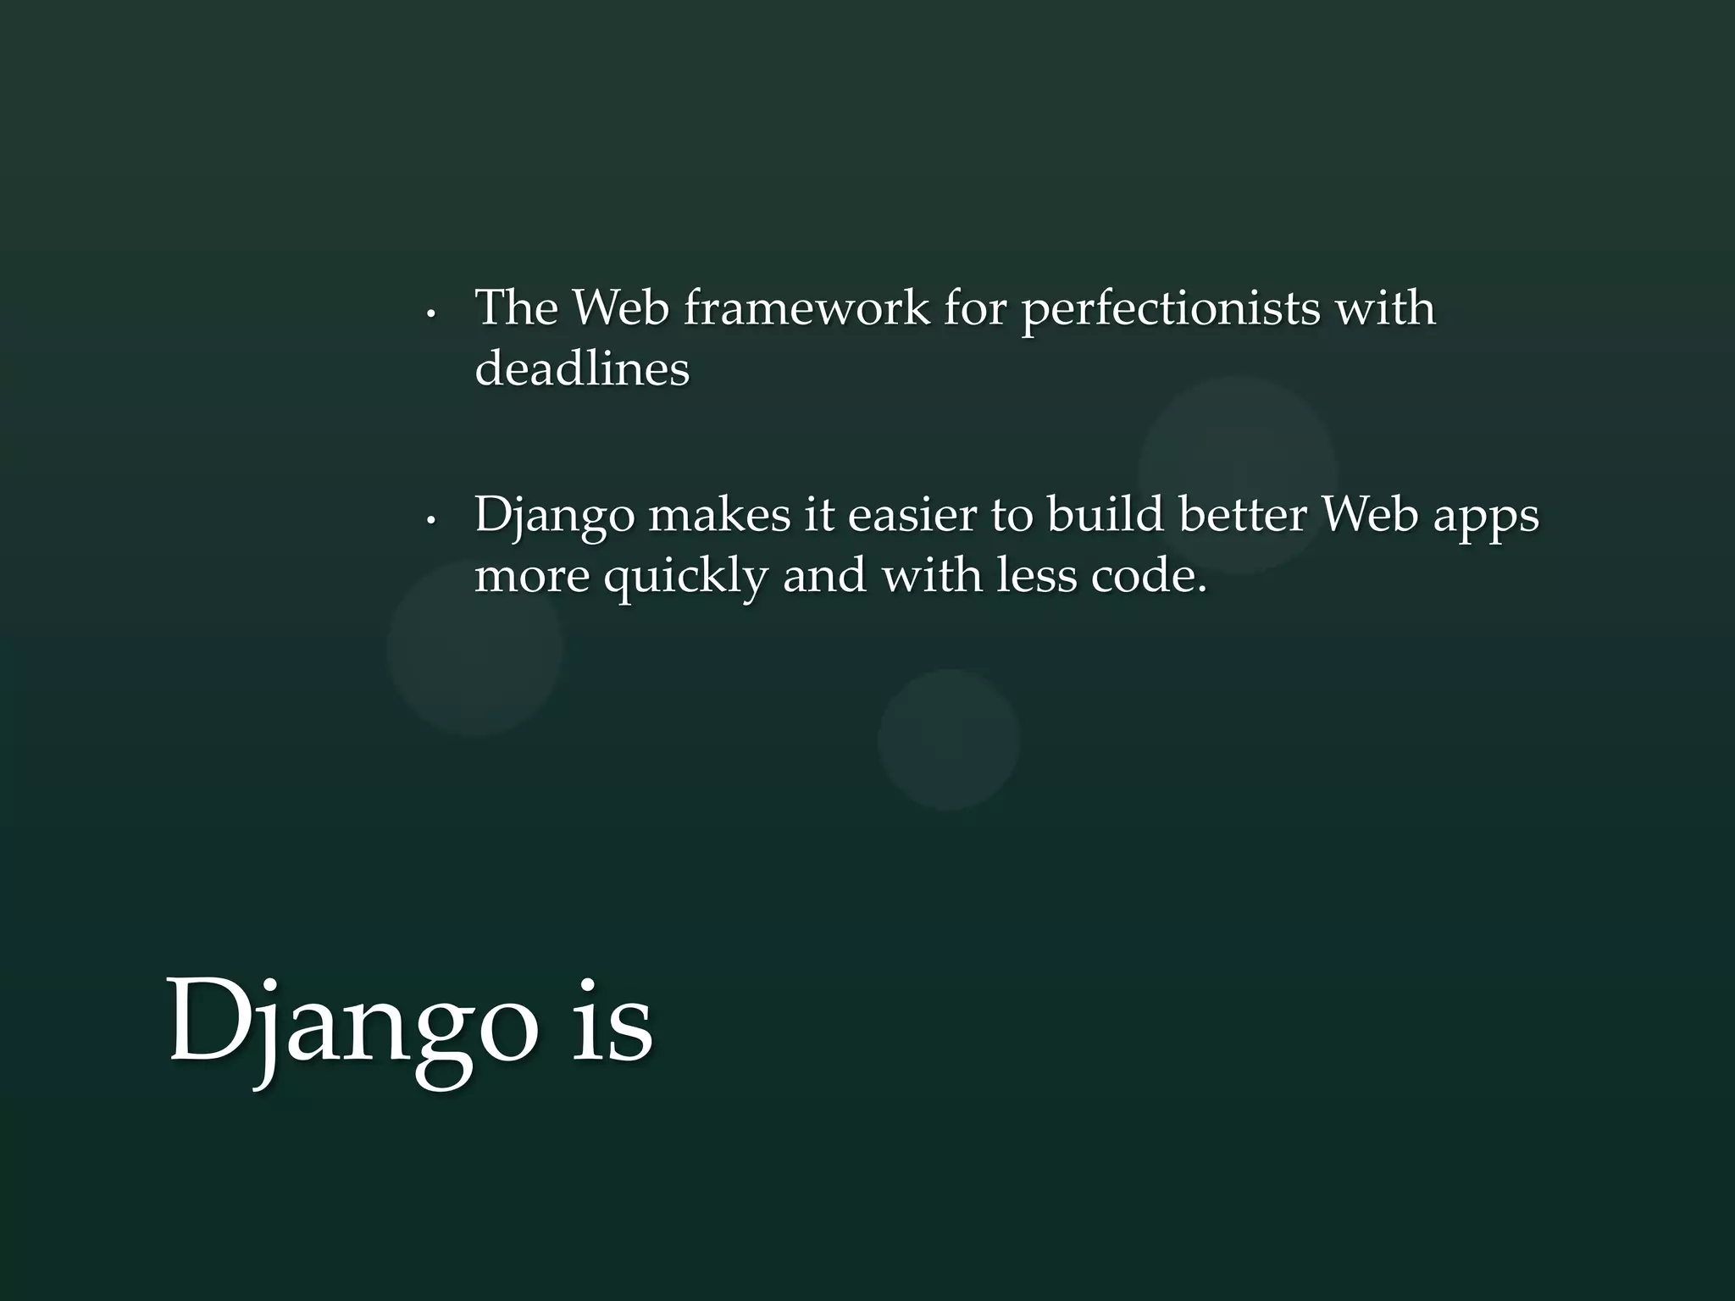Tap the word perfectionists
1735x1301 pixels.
click(x=1170, y=309)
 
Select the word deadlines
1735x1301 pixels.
click(x=582, y=368)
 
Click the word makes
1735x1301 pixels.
click(x=719, y=515)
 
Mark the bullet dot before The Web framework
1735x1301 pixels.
click(x=431, y=315)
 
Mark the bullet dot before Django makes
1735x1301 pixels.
click(x=431, y=522)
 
